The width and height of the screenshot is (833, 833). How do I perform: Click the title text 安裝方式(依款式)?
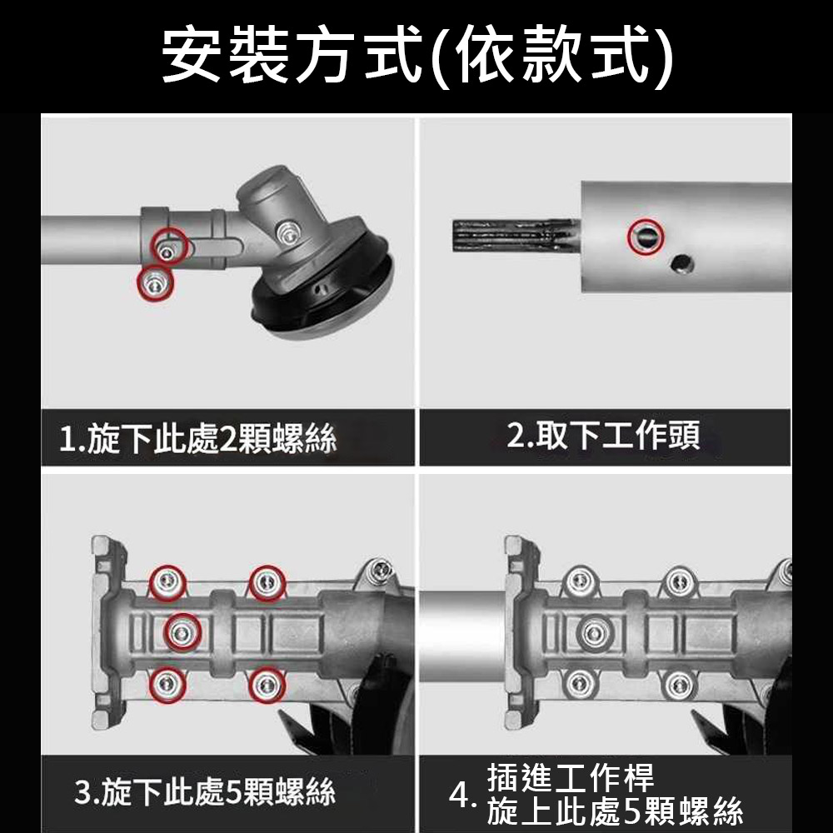coord(416,56)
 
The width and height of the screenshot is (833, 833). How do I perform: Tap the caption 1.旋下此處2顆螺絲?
coord(198,439)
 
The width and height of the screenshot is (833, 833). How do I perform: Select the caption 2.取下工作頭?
coord(604,435)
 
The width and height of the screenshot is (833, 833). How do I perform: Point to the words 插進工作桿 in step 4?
coord(571,777)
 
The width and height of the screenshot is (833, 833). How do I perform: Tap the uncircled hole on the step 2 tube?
coord(682,263)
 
